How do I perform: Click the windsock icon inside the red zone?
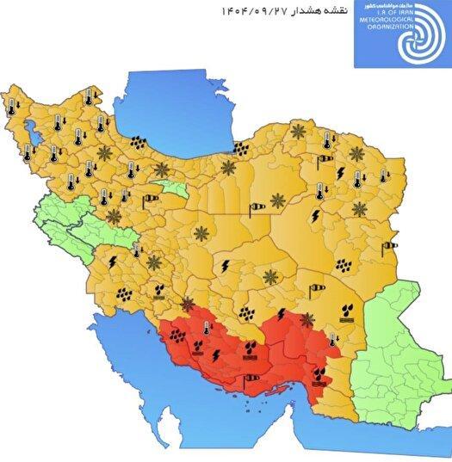pos(251,376)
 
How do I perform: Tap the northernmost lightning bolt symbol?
pos(341,173)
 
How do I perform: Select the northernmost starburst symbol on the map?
pos(299,132)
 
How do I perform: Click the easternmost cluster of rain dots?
pos(346,268)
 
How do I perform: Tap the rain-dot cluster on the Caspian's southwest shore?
pos(137,143)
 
